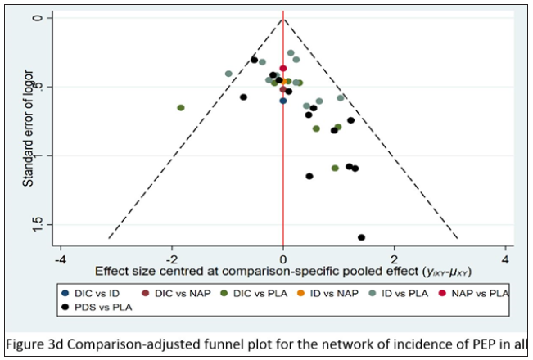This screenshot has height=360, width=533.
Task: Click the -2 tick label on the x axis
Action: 171,259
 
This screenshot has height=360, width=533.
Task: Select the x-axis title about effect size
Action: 282,271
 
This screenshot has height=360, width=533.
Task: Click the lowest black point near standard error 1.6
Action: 361,237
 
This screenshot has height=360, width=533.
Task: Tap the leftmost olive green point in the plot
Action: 181,108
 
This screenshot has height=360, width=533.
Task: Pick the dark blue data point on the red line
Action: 283,101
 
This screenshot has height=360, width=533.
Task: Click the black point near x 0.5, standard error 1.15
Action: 309,176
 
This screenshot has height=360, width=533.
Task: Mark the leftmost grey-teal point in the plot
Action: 228,74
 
